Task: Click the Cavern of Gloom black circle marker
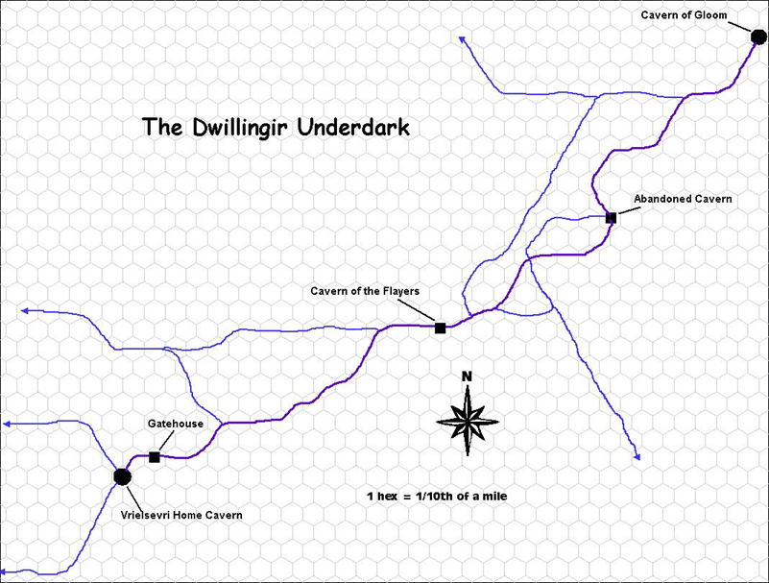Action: pos(758,38)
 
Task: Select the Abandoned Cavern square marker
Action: pos(611,218)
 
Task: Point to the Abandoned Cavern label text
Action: pos(683,199)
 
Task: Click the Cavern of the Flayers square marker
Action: pos(440,328)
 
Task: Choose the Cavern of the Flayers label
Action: pos(365,290)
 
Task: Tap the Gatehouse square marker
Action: pos(155,457)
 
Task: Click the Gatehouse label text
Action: pos(171,423)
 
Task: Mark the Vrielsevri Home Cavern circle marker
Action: pos(122,476)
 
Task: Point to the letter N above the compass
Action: pos(467,377)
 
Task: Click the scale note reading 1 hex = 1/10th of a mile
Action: pos(436,497)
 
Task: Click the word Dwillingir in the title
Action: pos(237,127)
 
